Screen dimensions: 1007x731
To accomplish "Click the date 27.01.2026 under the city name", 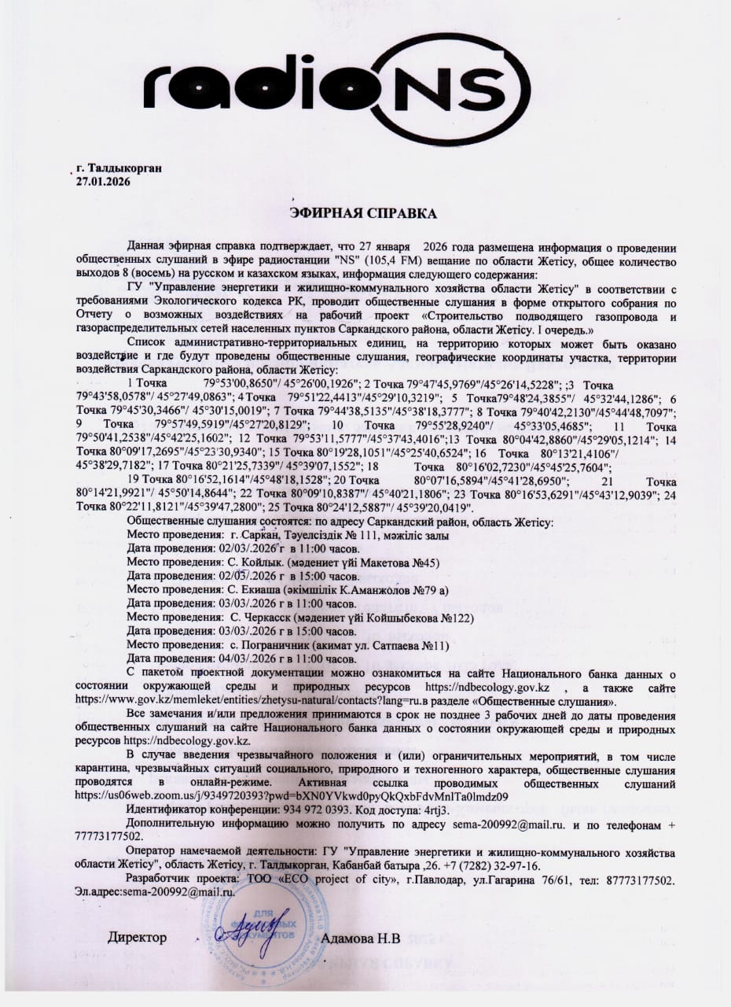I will pyautogui.click(x=103, y=182).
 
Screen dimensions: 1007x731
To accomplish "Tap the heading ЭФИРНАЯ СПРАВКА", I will pyautogui.click(x=364, y=213).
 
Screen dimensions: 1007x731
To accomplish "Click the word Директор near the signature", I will pyautogui.click(x=138, y=938).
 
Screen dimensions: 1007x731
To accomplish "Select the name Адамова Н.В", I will pyautogui.click(x=362, y=938).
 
